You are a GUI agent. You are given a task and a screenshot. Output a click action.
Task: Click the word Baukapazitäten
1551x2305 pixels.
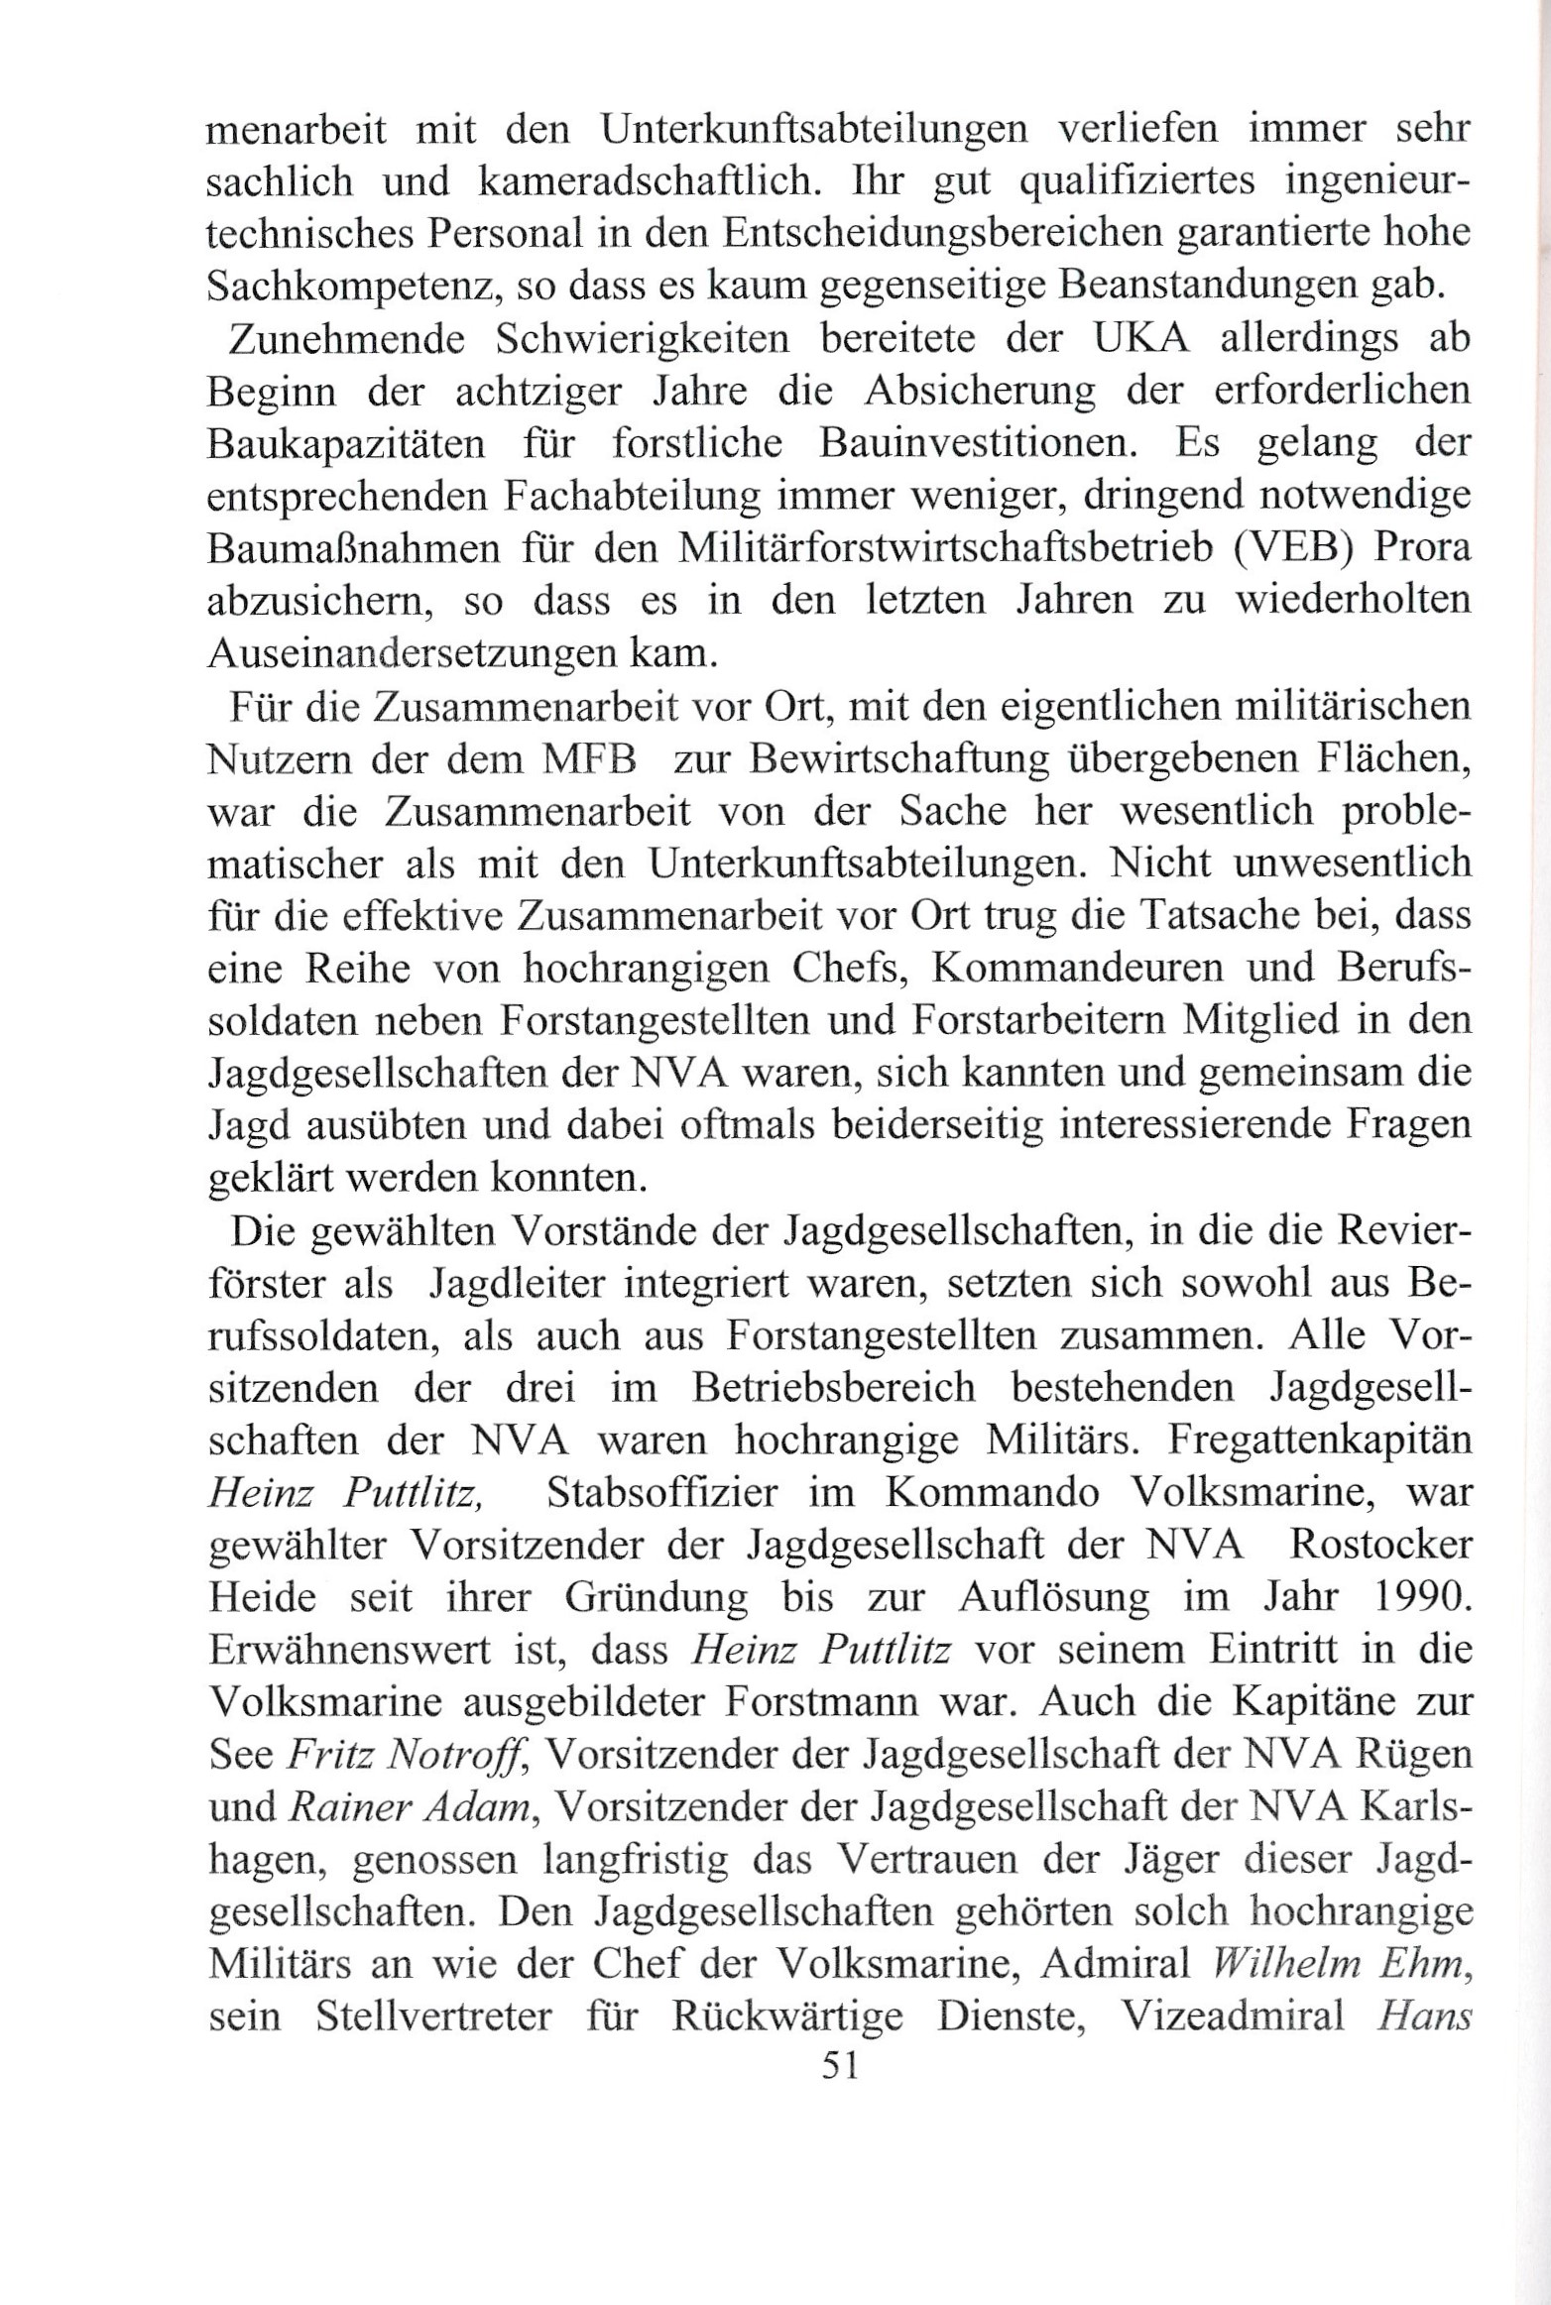[x=347, y=446]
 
